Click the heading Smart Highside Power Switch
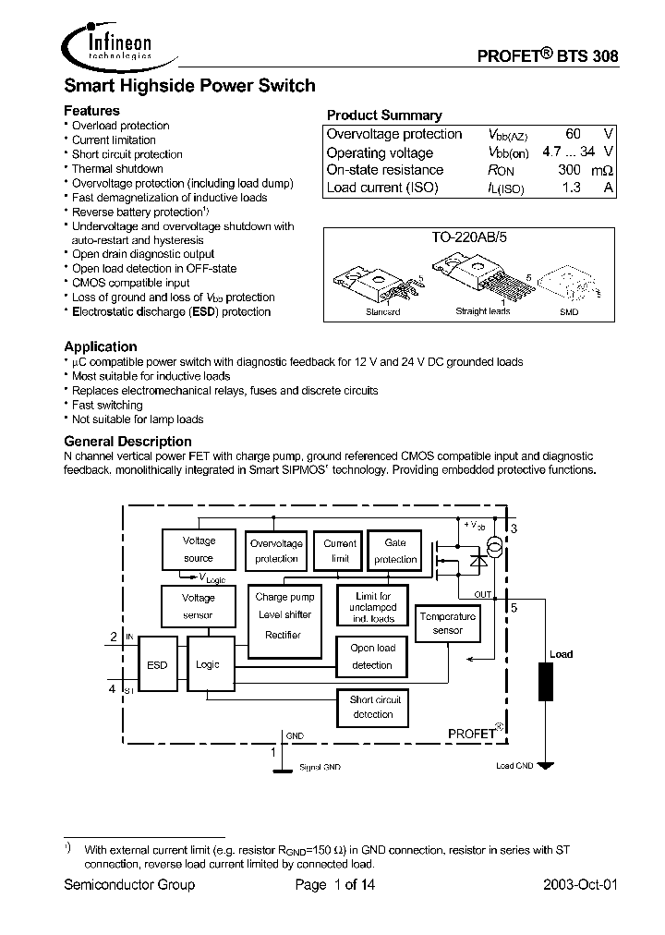[189, 86]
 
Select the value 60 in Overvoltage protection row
[573, 134]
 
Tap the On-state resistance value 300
[569, 170]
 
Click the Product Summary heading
[384, 115]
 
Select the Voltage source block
[199, 550]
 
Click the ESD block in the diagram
[158, 664]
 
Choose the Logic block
[208, 664]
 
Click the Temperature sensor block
[447, 624]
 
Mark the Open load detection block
[372, 656]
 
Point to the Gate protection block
[394, 552]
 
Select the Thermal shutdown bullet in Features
[117, 169]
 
